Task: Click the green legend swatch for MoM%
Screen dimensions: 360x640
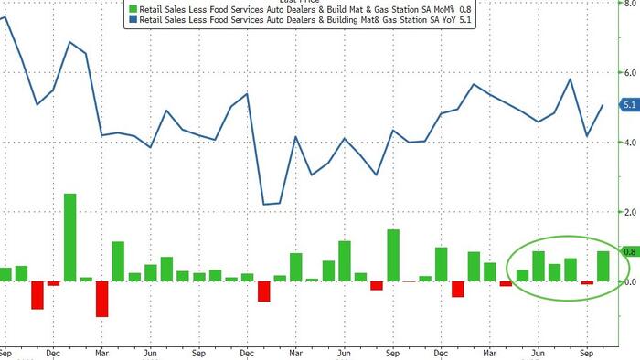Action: tap(132, 8)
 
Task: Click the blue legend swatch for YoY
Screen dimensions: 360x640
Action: tap(132, 19)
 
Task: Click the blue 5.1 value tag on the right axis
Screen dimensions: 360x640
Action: tap(629, 106)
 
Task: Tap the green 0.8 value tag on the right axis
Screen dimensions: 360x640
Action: tap(629, 251)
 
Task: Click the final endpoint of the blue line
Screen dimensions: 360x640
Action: tap(603, 105)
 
